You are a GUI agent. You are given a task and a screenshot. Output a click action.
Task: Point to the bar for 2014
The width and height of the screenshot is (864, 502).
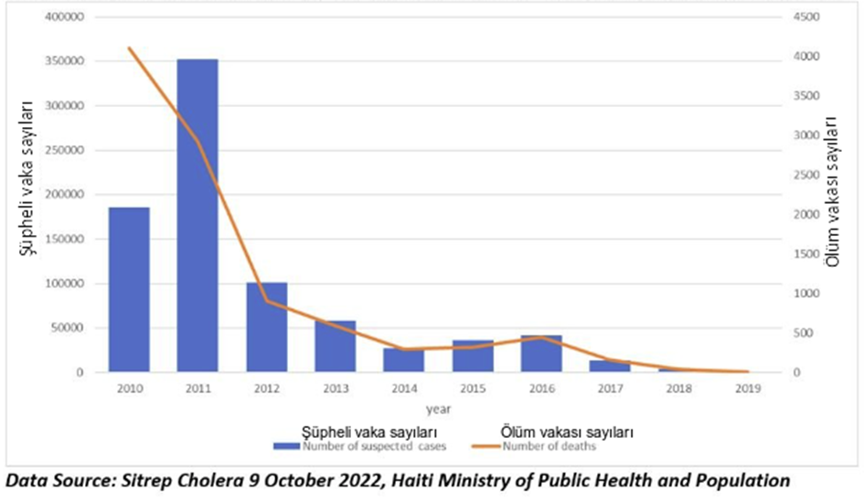(404, 360)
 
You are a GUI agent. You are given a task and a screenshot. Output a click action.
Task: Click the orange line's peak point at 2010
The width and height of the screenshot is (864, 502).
(129, 48)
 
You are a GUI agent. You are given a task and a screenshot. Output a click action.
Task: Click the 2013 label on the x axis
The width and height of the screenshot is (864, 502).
(335, 388)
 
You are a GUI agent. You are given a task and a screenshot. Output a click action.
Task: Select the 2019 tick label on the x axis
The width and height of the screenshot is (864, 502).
(748, 388)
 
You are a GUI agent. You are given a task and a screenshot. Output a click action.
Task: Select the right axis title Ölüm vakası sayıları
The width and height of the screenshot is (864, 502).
(834, 192)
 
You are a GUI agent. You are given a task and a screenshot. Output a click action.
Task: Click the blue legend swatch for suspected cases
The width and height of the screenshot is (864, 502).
(287, 445)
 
